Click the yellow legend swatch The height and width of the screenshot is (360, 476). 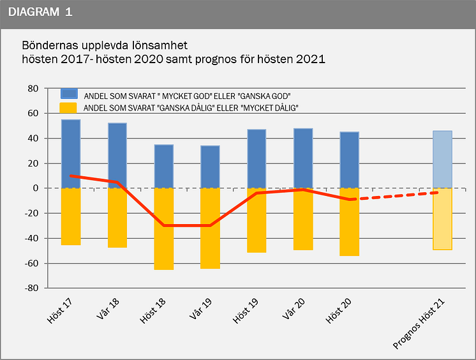pos(68,108)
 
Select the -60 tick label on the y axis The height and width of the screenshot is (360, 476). pos(31,263)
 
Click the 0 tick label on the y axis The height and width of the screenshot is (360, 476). pos(36,188)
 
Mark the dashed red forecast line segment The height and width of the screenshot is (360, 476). pos(396,196)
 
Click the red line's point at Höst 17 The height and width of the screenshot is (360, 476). pos(71,176)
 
